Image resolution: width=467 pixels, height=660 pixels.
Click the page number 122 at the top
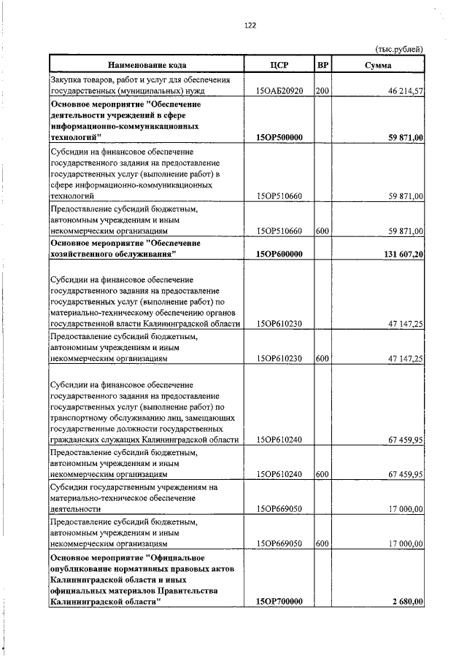point(250,26)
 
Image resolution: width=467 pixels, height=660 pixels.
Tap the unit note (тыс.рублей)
point(399,49)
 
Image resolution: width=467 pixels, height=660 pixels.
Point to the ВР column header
point(323,65)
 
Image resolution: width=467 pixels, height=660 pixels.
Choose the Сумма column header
point(378,65)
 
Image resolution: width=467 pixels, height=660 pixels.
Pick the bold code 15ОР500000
point(279,137)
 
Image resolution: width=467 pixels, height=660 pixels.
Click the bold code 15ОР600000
point(279,254)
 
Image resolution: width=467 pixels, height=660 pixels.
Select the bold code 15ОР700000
point(279,602)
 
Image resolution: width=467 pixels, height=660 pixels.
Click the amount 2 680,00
point(406,602)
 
